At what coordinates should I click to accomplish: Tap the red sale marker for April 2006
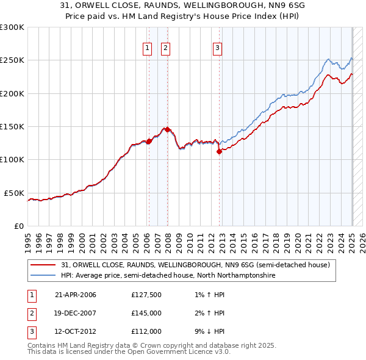pyautogui.click(x=149, y=142)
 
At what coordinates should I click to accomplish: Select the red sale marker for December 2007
pyautogui.click(x=167, y=129)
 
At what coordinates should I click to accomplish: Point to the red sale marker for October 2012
pyautogui.click(x=219, y=152)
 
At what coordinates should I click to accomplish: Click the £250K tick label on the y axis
pyautogui.click(x=12, y=60)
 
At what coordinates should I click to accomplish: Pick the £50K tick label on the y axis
pyautogui.click(x=14, y=193)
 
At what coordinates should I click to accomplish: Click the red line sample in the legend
pyautogui.click(x=43, y=265)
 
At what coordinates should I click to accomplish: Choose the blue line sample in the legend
pyautogui.click(x=43, y=276)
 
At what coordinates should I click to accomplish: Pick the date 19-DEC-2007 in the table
pyautogui.click(x=76, y=313)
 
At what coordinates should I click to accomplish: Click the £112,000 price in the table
pyautogui.click(x=146, y=331)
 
